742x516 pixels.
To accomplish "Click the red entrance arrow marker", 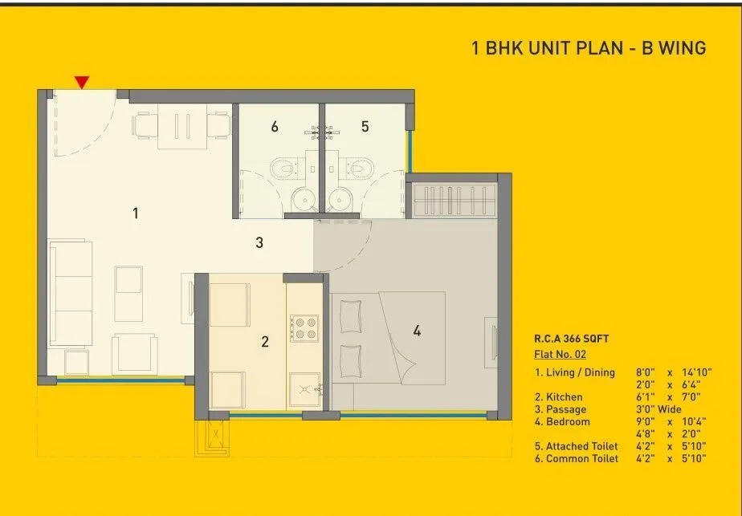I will pos(81,82).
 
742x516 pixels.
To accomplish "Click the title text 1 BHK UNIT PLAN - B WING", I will pos(589,48).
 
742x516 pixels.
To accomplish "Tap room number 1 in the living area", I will pos(136,213).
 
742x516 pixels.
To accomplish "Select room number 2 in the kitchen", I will pos(265,342).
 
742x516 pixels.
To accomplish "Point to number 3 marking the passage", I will pos(259,242).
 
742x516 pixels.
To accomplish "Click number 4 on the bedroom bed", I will pos(417,330).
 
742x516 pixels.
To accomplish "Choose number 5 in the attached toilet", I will pos(365,126).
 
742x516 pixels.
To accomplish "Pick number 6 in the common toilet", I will pos(275,126).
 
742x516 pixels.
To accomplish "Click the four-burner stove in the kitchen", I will pos(304,327).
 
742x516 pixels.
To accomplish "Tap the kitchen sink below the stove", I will pos(305,389).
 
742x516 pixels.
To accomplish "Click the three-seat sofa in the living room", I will pos(71,293).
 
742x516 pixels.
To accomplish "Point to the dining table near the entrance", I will pos(184,127).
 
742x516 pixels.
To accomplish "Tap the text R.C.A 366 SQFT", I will pos(571,339).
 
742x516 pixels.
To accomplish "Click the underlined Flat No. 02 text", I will pos(561,353).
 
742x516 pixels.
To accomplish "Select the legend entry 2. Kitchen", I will pos(559,396).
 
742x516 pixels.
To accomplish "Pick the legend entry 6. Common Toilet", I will pos(577,458).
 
